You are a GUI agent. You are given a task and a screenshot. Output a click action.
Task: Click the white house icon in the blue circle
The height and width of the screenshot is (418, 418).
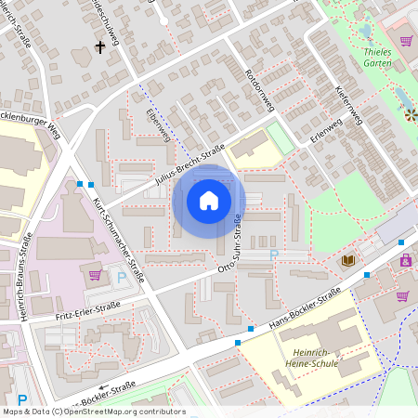pyautogui.click(x=208, y=201)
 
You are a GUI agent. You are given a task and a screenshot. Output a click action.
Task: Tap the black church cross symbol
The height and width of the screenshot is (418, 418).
pyautogui.click(x=99, y=46)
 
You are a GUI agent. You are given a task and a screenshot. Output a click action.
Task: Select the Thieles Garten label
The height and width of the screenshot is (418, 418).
pyautogui.click(x=390, y=58)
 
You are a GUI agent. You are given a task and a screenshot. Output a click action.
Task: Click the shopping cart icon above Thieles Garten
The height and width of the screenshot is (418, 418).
pyautogui.click(x=406, y=41)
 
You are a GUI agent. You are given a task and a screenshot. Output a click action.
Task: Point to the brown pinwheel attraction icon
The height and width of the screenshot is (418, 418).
pyautogui.click(x=411, y=115)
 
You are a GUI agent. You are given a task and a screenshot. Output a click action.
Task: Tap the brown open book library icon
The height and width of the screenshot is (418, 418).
pyautogui.click(x=348, y=262)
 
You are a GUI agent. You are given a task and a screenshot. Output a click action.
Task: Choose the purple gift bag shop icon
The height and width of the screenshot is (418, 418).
pyautogui.click(x=406, y=261)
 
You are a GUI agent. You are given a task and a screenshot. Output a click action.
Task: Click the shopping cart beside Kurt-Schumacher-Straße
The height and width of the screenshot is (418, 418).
pyautogui.click(x=95, y=274)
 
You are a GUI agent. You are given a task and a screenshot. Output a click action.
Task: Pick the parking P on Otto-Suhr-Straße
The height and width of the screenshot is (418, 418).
pyautogui.click(x=273, y=254)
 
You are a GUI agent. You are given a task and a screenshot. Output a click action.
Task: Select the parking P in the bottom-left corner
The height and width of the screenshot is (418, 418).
pyautogui.click(x=22, y=399)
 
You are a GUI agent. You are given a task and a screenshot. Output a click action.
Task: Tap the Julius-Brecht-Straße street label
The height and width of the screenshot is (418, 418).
pyautogui.click(x=191, y=165)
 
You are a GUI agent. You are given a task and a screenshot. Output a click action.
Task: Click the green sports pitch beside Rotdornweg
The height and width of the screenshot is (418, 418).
pyautogui.click(x=280, y=138)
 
